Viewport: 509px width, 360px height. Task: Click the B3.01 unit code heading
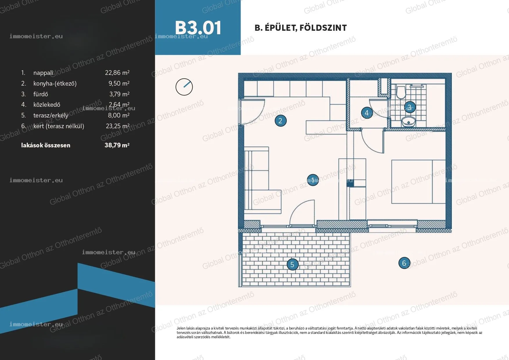coord(198,28)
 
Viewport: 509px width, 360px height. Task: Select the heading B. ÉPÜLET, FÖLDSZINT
coord(301,28)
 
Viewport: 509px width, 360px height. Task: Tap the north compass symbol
coord(184,87)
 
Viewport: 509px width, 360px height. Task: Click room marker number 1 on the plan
coord(313,180)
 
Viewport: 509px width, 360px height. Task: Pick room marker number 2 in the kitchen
coord(281,121)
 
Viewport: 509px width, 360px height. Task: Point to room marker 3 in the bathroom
coord(409,107)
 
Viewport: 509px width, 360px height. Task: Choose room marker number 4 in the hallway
coord(367,113)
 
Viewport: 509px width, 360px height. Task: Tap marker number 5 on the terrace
coord(293,264)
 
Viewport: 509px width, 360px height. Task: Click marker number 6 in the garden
coord(404,263)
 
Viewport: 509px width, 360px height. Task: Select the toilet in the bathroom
coord(401,92)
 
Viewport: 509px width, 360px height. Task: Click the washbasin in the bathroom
coord(409,122)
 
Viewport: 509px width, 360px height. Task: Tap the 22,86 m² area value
coord(117,73)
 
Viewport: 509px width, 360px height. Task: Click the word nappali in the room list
coord(43,73)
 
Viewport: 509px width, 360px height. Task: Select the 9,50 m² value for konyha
coord(119,84)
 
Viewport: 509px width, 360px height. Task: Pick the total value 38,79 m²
coord(117,145)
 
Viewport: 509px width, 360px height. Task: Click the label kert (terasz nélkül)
coord(59,126)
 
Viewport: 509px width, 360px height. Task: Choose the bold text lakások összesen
coord(46,145)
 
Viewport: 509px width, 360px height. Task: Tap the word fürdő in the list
coord(41,94)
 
